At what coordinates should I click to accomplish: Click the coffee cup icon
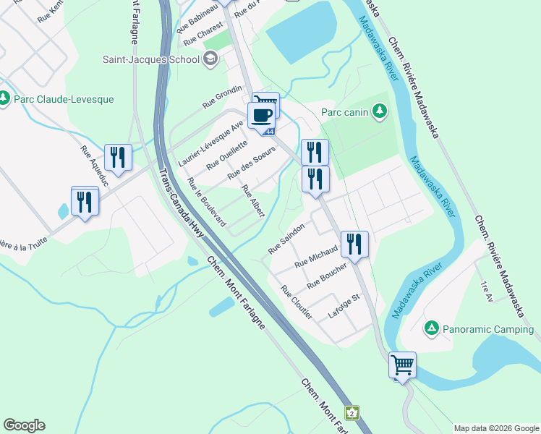click(x=261, y=114)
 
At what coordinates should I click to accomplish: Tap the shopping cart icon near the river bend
click(x=402, y=364)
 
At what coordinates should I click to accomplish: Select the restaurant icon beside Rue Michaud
click(x=354, y=243)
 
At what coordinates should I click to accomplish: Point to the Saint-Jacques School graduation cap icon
click(x=210, y=59)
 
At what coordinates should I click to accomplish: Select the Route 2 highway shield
click(x=352, y=413)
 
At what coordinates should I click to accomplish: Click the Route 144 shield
click(x=270, y=132)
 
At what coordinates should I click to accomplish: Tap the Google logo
click(x=24, y=425)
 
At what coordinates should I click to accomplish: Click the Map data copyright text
click(x=496, y=428)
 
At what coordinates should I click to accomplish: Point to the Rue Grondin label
click(x=221, y=97)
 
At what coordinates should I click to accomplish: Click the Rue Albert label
click(x=253, y=201)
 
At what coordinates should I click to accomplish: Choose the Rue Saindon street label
click(x=287, y=238)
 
